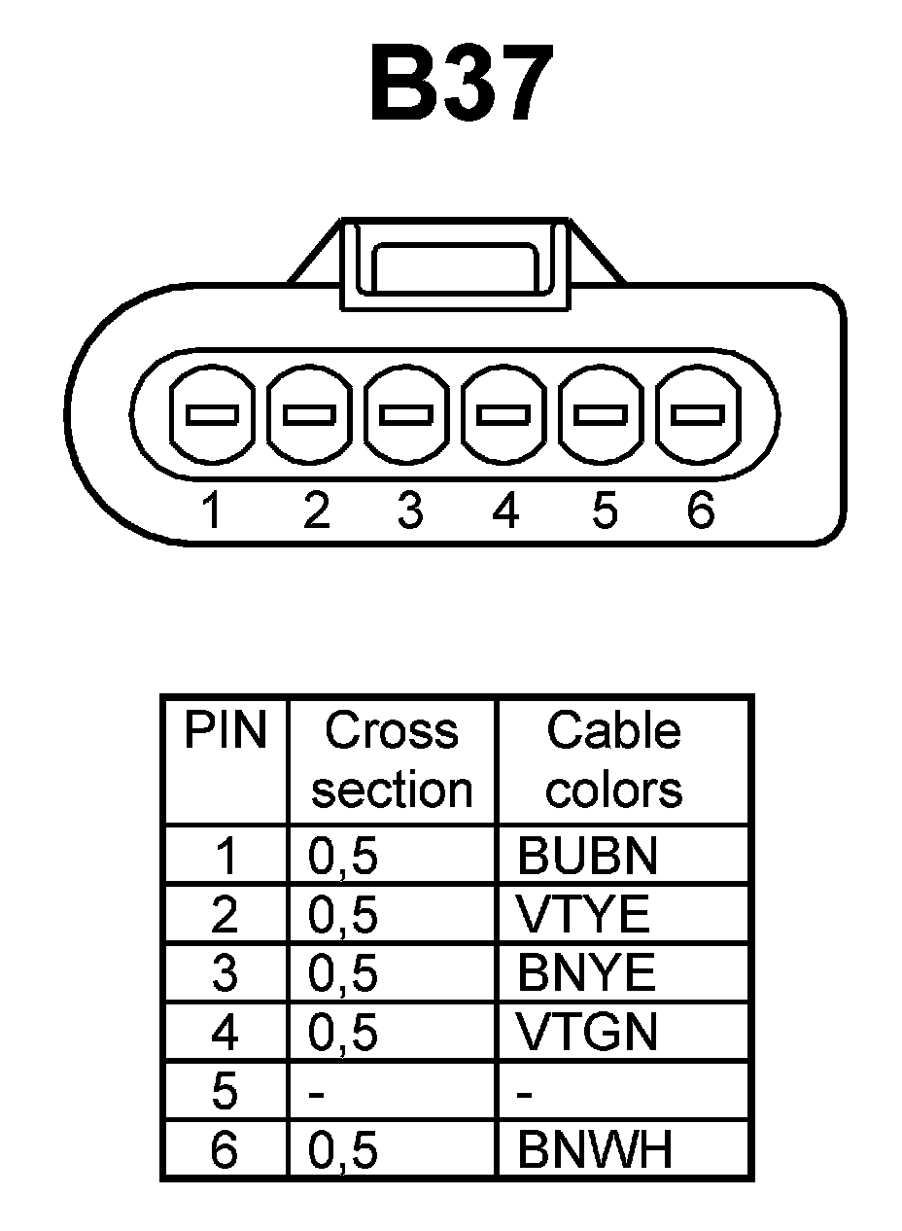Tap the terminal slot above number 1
212,415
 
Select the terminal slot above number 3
407,415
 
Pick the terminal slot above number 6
700,415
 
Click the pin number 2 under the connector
316,510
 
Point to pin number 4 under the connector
505,510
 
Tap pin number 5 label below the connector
604,510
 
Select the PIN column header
225,731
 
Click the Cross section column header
392,759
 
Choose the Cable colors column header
613,759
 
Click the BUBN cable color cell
587,856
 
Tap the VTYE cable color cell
582,915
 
